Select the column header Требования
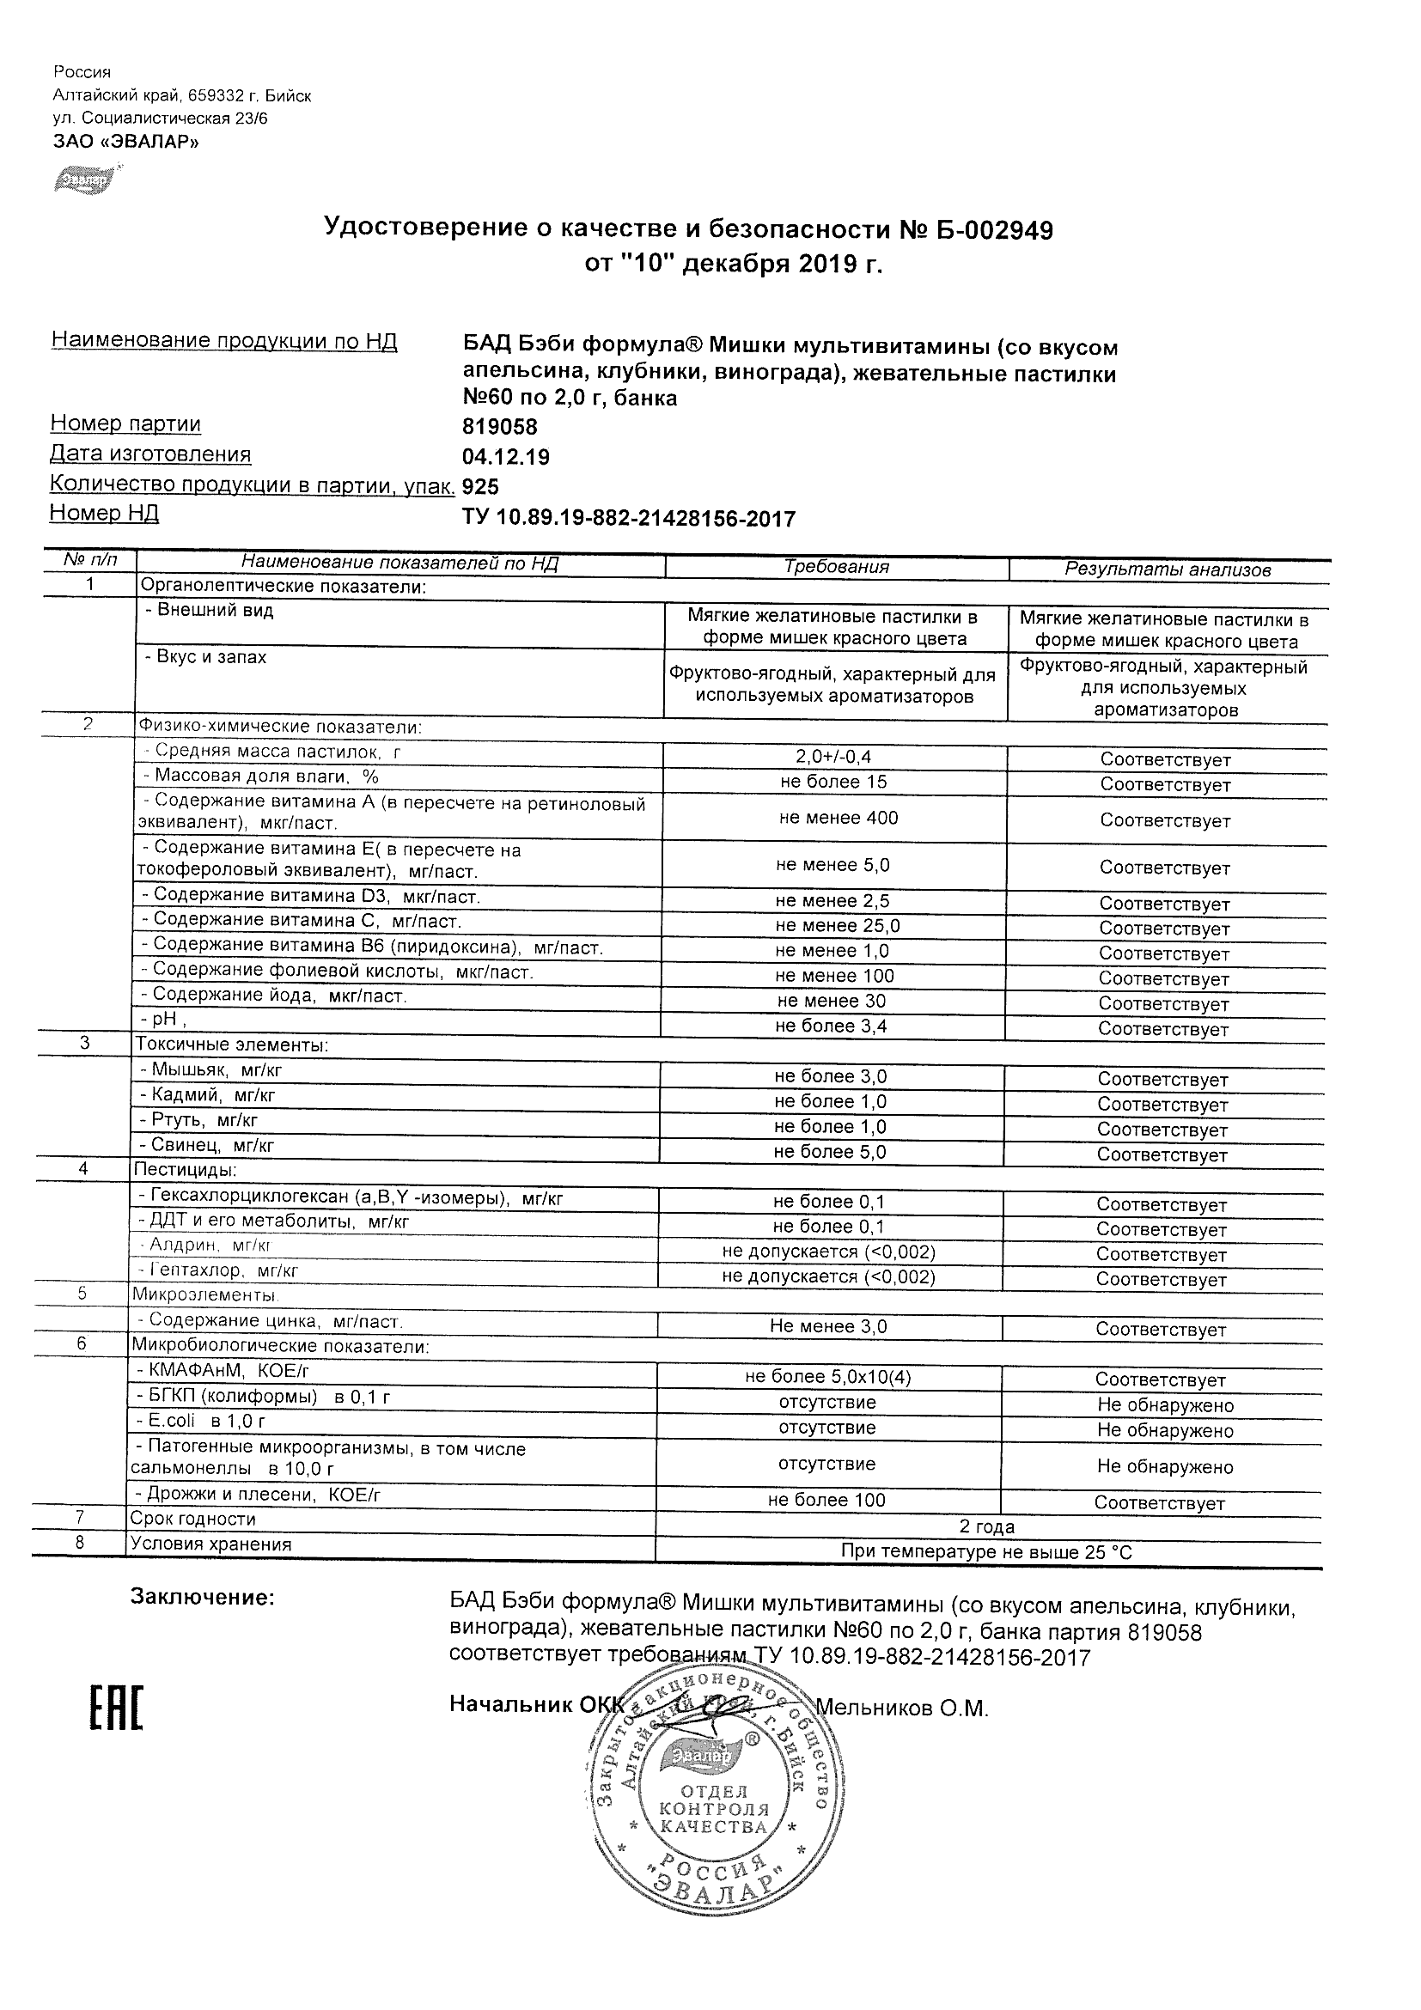tap(836, 566)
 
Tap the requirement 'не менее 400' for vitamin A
tap(838, 818)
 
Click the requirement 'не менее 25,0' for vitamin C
tap(837, 925)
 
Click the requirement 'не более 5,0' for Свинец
tap(829, 1152)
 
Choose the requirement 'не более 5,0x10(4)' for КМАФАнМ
tap(827, 1377)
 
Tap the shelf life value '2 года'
tap(987, 1526)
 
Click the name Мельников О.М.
tap(901, 1707)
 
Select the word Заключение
tap(202, 1597)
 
